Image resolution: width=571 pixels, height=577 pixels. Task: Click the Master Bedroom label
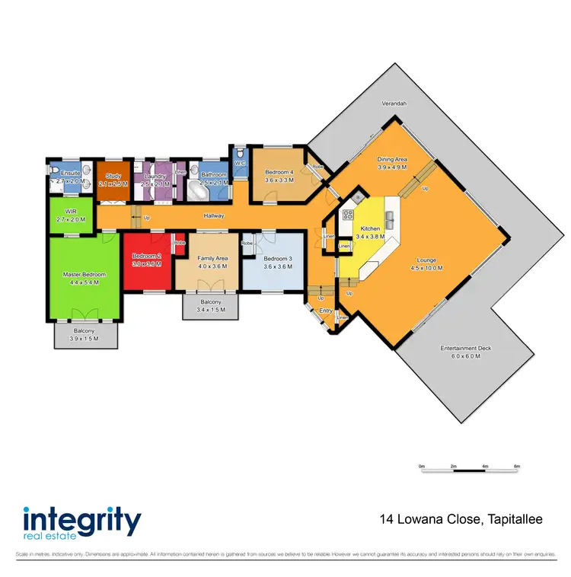click(85, 275)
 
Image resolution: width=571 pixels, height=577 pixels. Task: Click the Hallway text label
click(213, 216)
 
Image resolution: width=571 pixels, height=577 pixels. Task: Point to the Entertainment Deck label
click(466, 349)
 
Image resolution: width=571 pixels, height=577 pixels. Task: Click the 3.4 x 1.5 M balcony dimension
click(209, 311)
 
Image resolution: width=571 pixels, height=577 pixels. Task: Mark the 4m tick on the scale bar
click(485, 466)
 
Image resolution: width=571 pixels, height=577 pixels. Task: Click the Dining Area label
click(393, 159)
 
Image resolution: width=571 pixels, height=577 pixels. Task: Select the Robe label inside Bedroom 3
click(247, 243)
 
